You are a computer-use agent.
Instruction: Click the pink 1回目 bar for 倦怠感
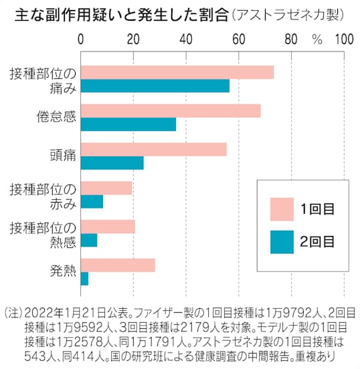[171, 111]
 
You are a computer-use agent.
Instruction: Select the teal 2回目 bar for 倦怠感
[128, 124]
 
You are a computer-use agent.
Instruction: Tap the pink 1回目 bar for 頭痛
[154, 150]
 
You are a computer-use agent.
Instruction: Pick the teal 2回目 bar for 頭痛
[112, 162]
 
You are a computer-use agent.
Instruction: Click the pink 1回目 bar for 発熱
[118, 265]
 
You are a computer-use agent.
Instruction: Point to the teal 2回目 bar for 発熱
[85, 279]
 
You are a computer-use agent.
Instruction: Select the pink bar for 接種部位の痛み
[177, 72]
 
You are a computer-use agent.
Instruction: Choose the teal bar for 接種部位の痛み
[155, 86]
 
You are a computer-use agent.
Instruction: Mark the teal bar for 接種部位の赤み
[92, 201]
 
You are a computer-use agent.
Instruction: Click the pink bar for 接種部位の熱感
[108, 227]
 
